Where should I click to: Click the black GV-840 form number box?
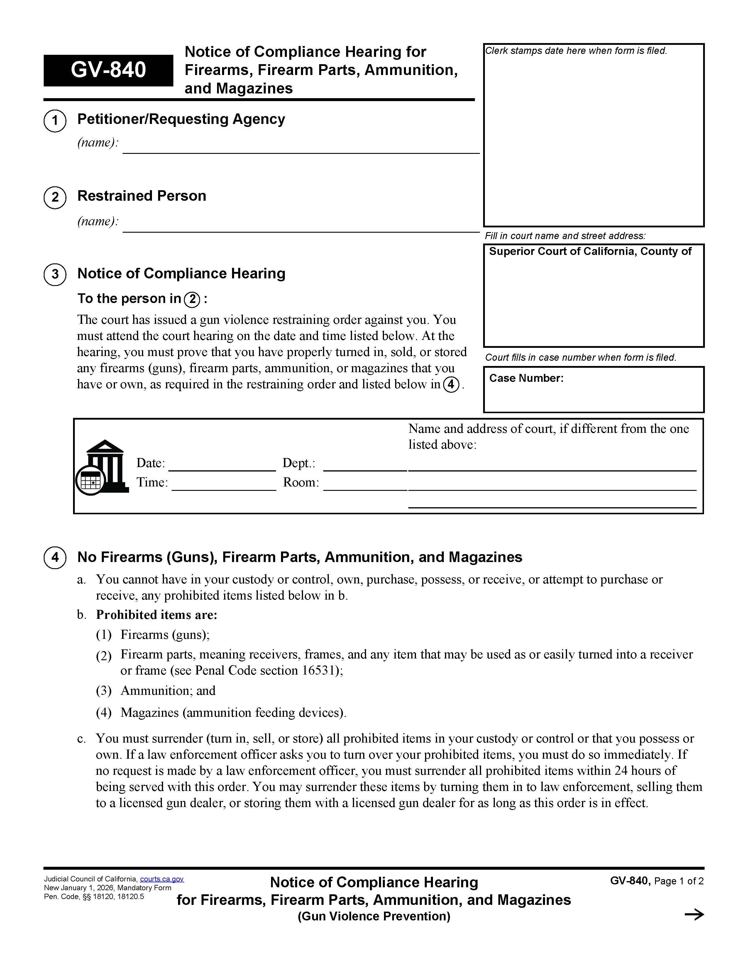[108, 70]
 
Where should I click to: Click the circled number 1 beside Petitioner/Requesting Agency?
[55, 120]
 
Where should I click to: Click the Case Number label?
[526, 378]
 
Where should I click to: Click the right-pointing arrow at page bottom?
[694, 915]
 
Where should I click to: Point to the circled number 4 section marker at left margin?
[55, 557]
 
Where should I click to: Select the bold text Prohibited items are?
[156, 615]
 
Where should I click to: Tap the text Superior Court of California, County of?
[590, 251]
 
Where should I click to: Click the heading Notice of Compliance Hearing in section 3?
[181, 274]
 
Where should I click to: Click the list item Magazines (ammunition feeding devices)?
[233, 713]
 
